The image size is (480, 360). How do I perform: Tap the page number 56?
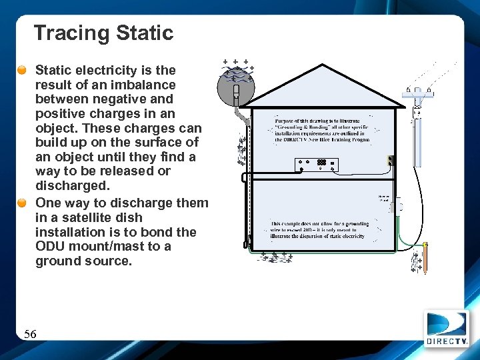(30, 334)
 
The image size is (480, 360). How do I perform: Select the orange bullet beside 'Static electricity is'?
(23, 70)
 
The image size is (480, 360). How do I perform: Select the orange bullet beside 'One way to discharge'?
(23, 203)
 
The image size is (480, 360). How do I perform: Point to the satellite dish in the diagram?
(236, 84)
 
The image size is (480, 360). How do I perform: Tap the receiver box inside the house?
(317, 163)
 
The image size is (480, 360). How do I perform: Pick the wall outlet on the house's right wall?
(392, 160)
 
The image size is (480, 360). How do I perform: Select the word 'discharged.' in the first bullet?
(61, 185)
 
